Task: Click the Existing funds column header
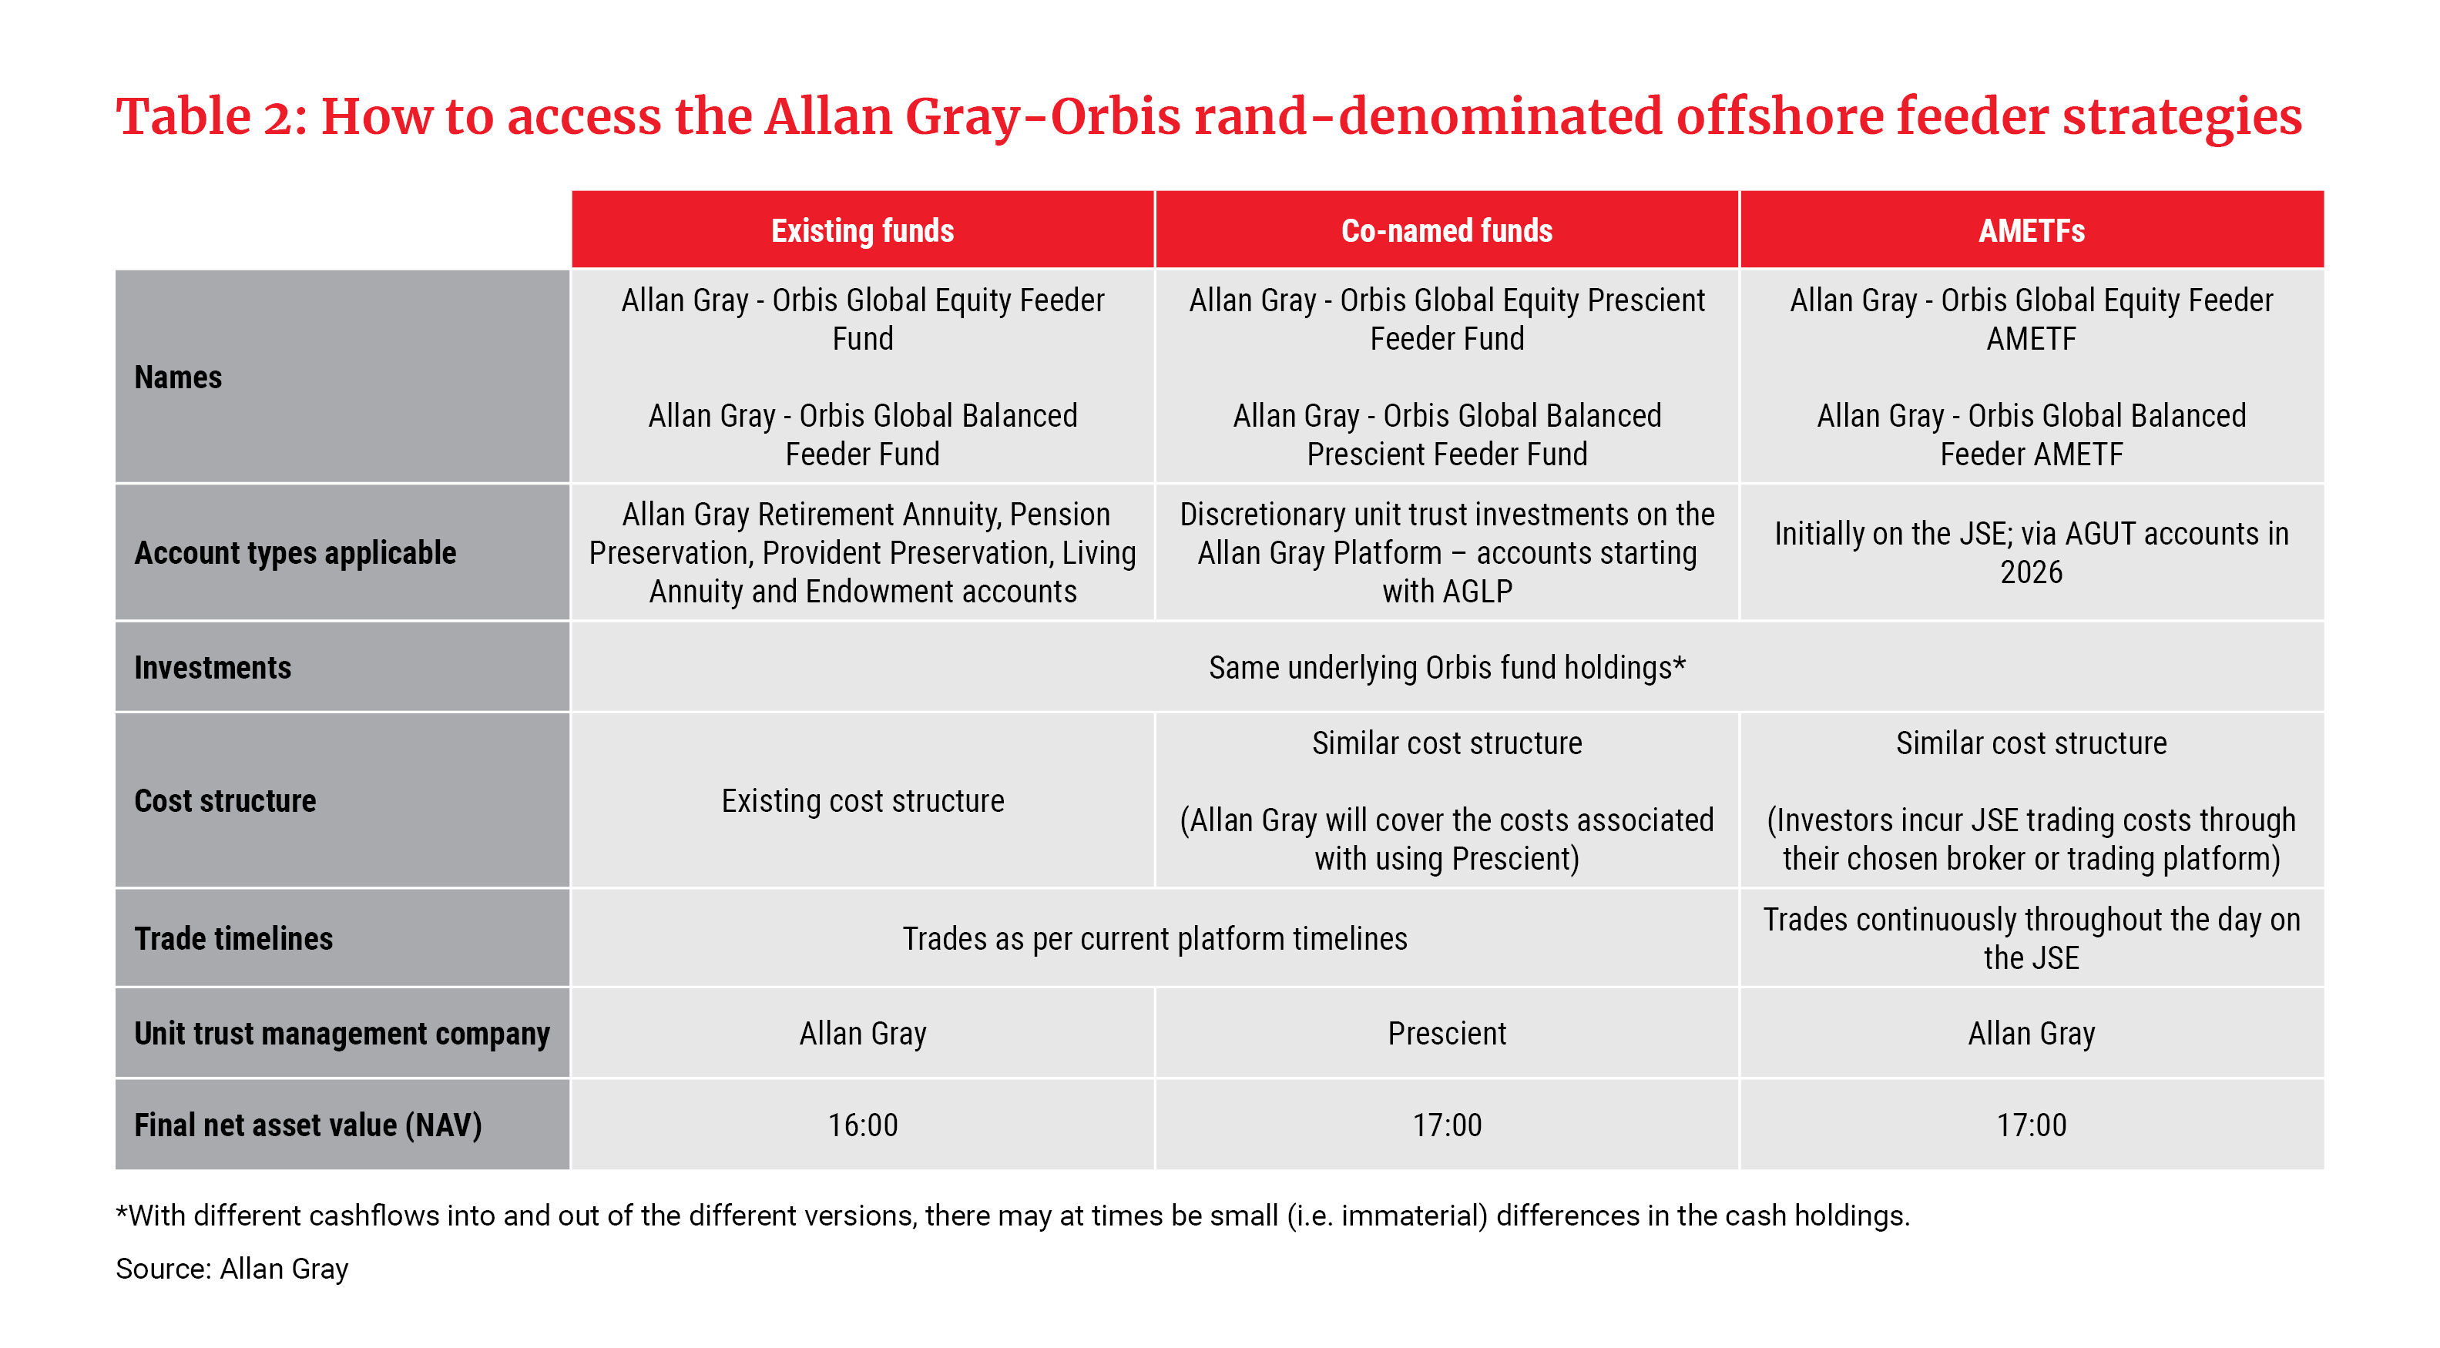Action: click(862, 230)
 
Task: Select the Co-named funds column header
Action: click(1446, 230)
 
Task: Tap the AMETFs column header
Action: click(2031, 230)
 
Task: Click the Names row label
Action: click(178, 377)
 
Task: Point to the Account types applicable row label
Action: click(294, 552)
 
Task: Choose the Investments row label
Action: click(212, 667)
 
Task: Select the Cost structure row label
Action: click(224, 800)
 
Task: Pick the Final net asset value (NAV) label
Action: click(308, 1125)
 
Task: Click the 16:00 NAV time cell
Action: click(862, 1125)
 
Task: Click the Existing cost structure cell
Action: click(862, 800)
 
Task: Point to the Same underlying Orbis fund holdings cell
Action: click(1446, 667)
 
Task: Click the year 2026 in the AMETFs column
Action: click(2031, 572)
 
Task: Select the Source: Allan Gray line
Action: click(232, 1269)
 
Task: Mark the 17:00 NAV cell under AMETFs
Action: click(2031, 1125)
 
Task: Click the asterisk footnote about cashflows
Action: click(1012, 1216)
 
